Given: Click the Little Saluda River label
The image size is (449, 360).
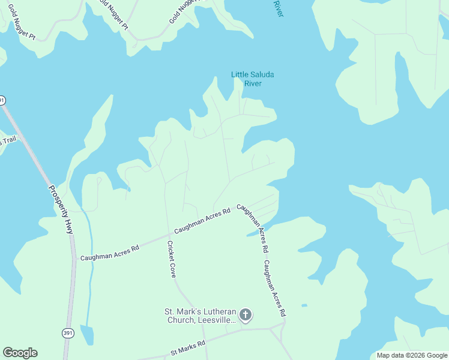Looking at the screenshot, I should click(253, 79).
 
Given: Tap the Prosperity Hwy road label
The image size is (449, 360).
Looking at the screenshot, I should click(59, 208).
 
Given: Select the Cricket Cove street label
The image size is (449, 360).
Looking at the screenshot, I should click(171, 259).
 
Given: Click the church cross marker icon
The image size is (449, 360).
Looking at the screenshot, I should click(245, 314).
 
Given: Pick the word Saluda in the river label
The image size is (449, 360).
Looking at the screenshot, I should click(262, 74).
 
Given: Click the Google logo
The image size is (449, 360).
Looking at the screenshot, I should click(20, 353).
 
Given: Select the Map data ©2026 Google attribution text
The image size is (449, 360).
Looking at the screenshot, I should click(412, 355).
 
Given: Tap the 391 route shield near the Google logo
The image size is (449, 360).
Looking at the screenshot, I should click(68, 333).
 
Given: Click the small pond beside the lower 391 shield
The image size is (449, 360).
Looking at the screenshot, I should click(87, 335).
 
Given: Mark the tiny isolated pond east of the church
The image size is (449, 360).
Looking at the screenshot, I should click(304, 305).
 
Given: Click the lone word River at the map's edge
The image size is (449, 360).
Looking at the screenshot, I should click(277, 8).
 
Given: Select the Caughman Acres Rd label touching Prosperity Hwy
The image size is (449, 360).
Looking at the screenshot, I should click(109, 252).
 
